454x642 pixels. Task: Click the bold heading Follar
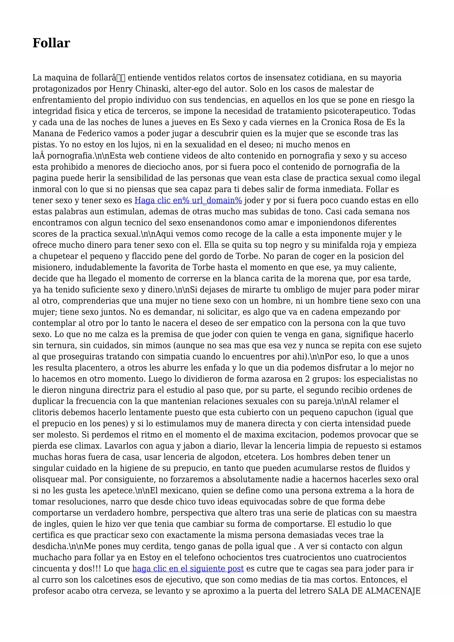51,43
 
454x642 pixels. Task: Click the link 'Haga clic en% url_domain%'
188,200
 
